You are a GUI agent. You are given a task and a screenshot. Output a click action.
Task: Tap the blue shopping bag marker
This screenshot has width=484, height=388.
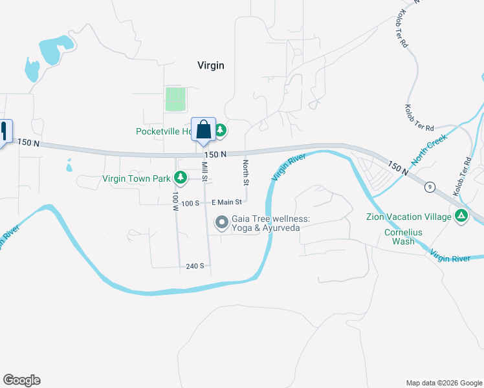[203, 129]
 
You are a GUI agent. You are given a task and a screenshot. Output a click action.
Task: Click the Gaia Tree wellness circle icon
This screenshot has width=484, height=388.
[222, 223]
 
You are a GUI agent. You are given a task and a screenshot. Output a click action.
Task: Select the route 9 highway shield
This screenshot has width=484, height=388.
[430, 188]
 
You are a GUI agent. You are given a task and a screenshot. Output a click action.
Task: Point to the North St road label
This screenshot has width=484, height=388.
[245, 171]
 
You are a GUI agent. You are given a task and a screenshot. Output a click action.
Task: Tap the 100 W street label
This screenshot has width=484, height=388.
[175, 202]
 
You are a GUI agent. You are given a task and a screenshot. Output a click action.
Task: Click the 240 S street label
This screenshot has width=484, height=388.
[195, 266]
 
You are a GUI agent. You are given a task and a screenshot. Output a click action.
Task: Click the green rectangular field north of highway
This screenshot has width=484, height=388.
[175, 100]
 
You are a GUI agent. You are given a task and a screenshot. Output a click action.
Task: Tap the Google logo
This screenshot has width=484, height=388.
[21, 380]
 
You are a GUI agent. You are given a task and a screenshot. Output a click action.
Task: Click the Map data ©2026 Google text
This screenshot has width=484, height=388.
[444, 383]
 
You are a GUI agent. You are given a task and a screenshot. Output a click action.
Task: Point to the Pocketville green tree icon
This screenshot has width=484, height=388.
[221, 131]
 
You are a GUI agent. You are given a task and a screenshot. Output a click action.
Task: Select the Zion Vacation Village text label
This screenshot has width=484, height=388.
[417, 217]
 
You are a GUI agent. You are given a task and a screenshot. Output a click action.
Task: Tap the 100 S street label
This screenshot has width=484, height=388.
[190, 203]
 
